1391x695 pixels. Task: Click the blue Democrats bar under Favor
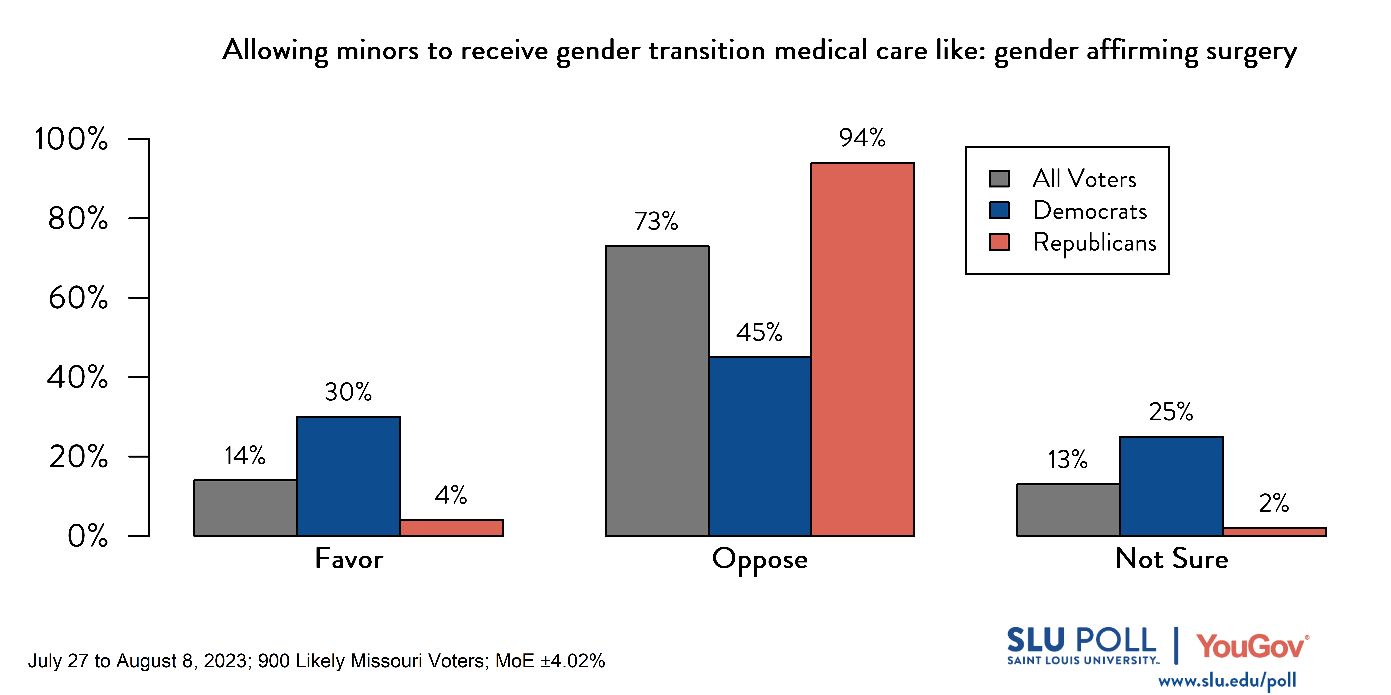[348, 476]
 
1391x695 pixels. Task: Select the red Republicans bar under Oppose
[862, 349]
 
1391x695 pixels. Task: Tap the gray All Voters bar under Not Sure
[1068, 510]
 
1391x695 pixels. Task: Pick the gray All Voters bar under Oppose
[657, 391]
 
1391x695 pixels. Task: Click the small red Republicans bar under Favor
[451, 528]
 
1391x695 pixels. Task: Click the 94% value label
[862, 138]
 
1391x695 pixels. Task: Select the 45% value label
[759, 332]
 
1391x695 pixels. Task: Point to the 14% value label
[245, 456]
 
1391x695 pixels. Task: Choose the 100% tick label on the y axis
[71, 139]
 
